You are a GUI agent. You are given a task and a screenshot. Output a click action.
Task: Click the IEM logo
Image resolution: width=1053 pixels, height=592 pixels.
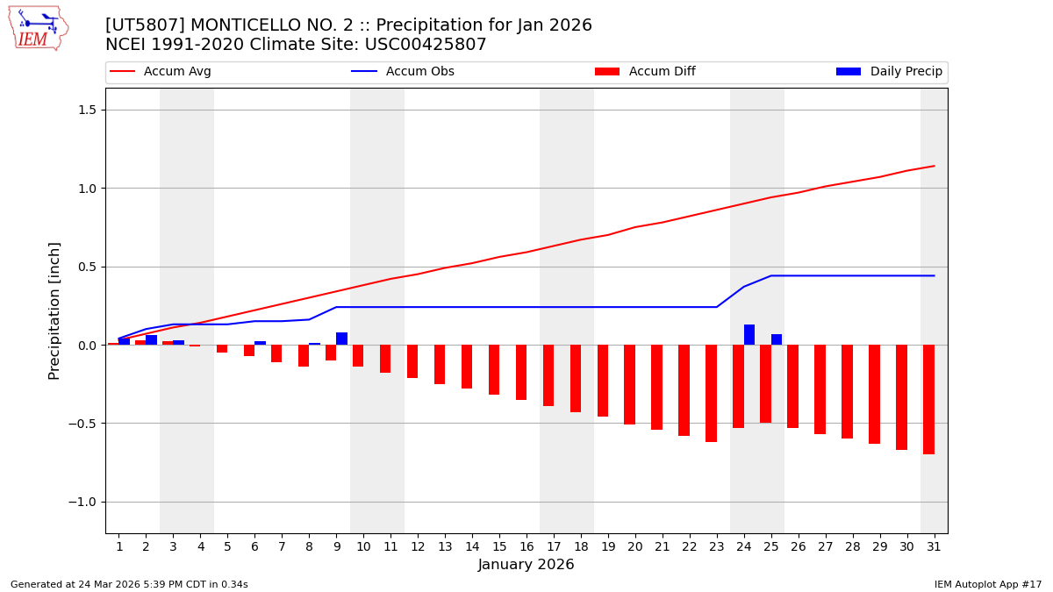(38, 28)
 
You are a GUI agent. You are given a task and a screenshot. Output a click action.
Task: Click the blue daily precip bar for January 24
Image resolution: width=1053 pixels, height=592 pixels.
(749, 335)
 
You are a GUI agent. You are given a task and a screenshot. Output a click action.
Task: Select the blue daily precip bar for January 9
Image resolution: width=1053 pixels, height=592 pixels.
(341, 339)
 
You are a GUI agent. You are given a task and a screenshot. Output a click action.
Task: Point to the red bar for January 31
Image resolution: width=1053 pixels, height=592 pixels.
(928, 399)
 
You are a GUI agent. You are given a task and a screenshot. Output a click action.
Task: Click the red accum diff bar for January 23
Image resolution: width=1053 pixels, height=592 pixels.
(711, 393)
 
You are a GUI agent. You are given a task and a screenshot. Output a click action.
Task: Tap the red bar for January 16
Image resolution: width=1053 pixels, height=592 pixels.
(521, 372)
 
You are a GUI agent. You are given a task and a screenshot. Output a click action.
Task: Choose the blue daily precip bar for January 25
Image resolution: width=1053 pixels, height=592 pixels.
(777, 339)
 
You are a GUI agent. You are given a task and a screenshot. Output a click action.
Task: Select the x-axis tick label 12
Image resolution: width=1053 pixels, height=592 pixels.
(418, 547)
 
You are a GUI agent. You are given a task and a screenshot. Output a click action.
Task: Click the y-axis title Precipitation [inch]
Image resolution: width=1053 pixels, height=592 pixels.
(54, 310)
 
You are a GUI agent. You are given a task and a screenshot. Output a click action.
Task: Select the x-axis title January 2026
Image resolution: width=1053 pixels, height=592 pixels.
(526, 566)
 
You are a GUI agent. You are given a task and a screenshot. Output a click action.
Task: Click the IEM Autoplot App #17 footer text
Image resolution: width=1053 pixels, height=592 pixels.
(988, 585)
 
